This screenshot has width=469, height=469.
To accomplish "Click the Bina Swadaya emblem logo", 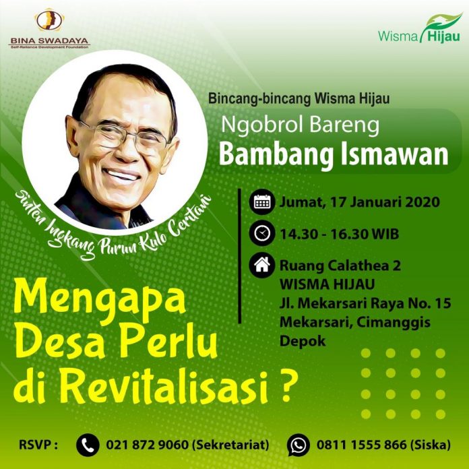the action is [x=49, y=20].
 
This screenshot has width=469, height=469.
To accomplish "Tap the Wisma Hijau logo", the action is [x=419, y=29].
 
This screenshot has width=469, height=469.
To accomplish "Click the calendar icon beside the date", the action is [x=262, y=202].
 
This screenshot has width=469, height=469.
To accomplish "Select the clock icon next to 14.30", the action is [x=262, y=233].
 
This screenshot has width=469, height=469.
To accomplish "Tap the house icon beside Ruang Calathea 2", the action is [x=262, y=265].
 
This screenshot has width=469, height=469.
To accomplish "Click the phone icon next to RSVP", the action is [x=88, y=445].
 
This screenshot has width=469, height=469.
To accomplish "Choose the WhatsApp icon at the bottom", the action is [x=299, y=445].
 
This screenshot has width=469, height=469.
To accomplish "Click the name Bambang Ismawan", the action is [x=334, y=154].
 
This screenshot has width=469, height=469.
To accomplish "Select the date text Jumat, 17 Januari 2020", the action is [x=360, y=202].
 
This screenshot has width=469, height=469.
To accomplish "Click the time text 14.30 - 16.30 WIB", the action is [x=339, y=234].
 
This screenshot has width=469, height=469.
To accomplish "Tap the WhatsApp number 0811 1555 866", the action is [x=362, y=445].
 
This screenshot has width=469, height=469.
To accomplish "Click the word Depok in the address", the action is [x=303, y=341].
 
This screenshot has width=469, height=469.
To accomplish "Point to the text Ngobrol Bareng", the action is [x=301, y=125].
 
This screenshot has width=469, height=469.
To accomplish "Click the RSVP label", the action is [x=38, y=445].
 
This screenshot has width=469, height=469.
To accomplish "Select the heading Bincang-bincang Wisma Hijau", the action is [x=299, y=99].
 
